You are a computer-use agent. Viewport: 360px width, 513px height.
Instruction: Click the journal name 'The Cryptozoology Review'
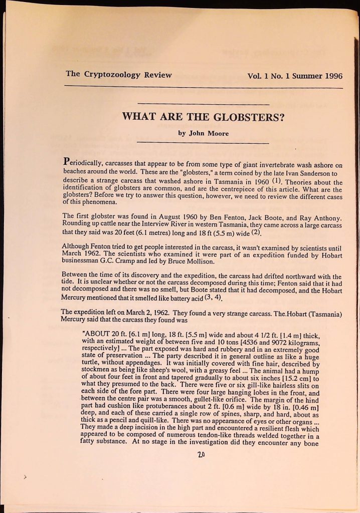[118, 75]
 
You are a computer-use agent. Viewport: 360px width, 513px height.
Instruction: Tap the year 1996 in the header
[331, 76]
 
